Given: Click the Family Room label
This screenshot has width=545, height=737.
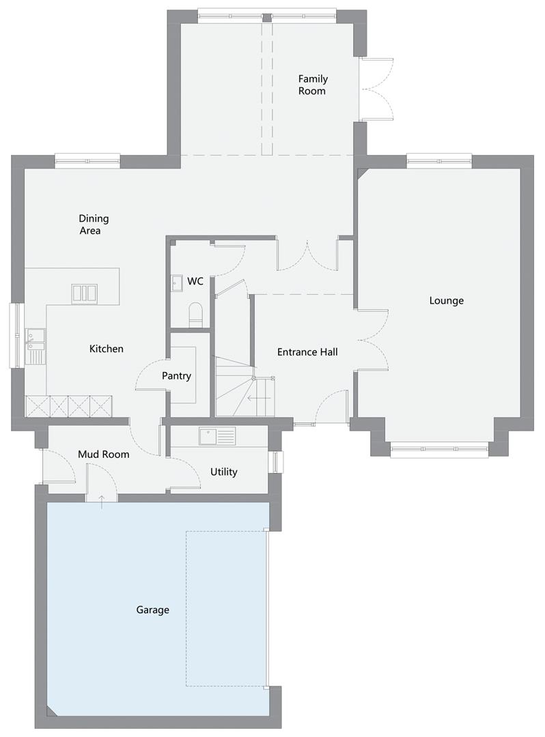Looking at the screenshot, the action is (x=313, y=85).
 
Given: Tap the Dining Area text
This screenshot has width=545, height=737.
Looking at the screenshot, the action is (x=93, y=225).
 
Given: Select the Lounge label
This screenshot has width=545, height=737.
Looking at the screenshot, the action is (x=446, y=300).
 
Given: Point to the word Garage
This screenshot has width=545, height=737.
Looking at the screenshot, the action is (x=152, y=610).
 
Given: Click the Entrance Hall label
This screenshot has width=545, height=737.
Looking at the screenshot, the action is (x=307, y=352).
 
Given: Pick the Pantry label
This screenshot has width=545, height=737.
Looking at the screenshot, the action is (x=176, y=376).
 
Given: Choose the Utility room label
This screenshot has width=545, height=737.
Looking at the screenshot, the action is (x=223, y=472).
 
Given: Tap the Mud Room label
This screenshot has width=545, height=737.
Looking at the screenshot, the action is (x=103, y=454).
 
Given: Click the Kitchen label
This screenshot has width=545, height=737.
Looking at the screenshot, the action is (x=107, y=349).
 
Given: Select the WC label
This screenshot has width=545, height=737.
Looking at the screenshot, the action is (x=195, y=281).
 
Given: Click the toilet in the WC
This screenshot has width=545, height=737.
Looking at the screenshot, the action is (x=195, y=314).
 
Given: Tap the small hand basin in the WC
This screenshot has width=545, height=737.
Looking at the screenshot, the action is (x=177, y=283).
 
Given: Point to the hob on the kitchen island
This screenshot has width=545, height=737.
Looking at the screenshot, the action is (x=85, y=293).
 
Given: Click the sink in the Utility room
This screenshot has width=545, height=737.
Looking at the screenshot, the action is (x=216, y=436).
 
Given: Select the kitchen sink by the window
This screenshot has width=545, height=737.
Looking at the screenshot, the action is (x=36, y=347).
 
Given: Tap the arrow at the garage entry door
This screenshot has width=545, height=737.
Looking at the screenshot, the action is (x=102, y=501).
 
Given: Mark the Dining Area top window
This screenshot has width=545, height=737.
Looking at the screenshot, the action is (x=87, y=161).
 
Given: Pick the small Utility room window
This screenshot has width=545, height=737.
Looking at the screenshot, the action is (x=276, y=461).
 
